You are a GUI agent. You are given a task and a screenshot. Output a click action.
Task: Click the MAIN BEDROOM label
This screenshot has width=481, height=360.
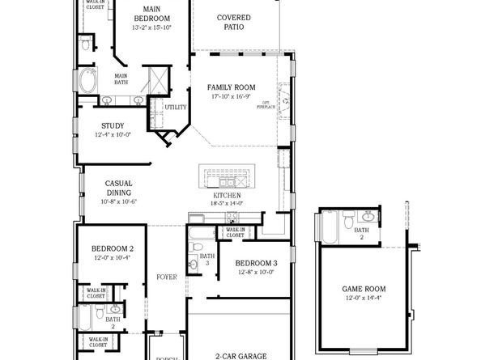(151, 17)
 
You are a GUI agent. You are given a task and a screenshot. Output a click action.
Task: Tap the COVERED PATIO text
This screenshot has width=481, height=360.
(233, 22)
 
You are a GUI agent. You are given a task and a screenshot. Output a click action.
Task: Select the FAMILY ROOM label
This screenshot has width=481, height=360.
(231, 87)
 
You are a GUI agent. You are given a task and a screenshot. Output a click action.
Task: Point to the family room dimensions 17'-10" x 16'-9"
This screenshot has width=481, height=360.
(231, 96)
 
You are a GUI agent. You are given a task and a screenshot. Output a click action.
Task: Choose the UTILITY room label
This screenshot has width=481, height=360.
(176, 107)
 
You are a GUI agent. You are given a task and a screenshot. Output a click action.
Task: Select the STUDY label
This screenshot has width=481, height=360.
(113, 125)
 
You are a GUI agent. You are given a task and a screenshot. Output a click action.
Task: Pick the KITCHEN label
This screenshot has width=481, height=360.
(227, 196)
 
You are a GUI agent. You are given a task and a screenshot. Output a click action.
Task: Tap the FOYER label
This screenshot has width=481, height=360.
(167, 277)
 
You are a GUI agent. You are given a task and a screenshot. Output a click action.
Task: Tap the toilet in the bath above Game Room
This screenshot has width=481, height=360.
(347, 220)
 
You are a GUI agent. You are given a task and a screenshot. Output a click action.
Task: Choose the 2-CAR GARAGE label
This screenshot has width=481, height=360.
(240, 354)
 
